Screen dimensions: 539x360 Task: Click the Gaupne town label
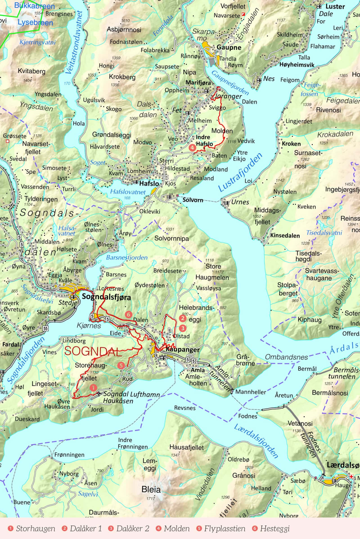click(229, 47)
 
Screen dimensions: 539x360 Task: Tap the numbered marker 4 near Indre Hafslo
click(192, 147)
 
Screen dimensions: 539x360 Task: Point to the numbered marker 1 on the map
click(93, 388)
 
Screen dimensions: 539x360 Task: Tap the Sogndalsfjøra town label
click(106, 297)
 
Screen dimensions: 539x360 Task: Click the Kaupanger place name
click(183, 349)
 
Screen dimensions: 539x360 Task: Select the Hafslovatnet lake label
click(128, 192)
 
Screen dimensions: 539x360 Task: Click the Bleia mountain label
click(151, 490)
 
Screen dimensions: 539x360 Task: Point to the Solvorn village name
click(193, 200)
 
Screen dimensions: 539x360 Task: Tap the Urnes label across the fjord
click(240, 202)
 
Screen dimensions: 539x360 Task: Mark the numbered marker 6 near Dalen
click(129, 314)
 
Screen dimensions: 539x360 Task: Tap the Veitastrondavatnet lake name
click(74, 42)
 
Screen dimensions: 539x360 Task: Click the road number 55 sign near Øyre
click(45, 328)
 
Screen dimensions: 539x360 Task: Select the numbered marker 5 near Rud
click(121, 365)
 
